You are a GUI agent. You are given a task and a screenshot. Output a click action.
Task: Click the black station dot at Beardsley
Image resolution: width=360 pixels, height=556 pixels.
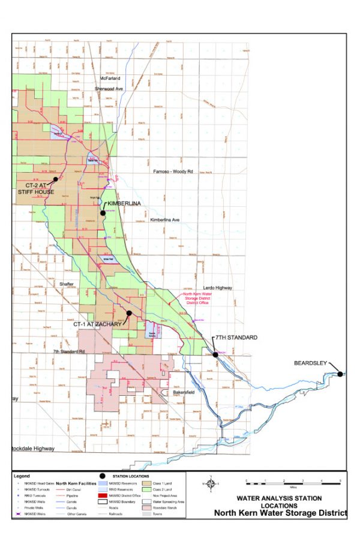tap(340, 374)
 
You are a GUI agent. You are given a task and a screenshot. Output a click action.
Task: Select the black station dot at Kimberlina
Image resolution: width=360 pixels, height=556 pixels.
tap(103, 213)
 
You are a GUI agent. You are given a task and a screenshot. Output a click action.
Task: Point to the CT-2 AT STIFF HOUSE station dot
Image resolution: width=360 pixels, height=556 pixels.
tap(55, 179)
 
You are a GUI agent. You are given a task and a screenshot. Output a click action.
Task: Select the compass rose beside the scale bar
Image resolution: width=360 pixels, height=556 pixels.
tap(211, 483)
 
